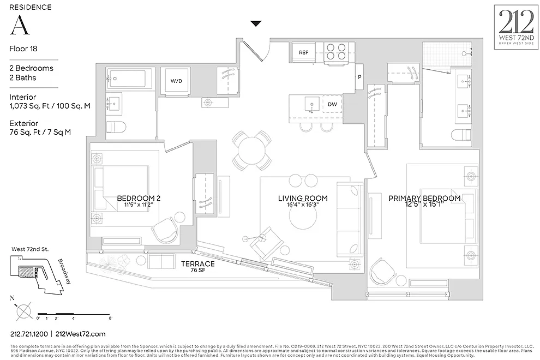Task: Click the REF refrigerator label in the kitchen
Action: [x=304, y=52]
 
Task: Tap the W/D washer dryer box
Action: [x=176, y=81]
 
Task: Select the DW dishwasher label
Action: [x=332, y=104]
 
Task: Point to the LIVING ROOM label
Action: [x=303, y=199]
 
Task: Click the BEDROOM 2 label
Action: [x=139, y=199]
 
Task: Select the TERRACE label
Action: [x=197, y=264]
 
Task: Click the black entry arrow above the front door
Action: [x=256, y=23]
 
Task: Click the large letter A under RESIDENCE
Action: [x=19, y=25]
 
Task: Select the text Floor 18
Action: [x=23, y=49]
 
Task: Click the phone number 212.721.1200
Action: [x=28, y=334]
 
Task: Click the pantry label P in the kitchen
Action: [x=359, y=77]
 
